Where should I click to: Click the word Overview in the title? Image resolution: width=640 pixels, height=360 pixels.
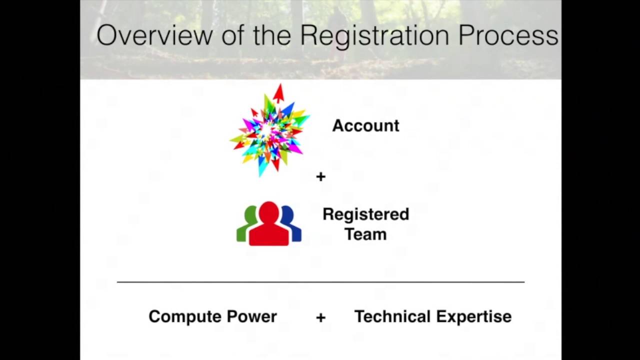point(154,35)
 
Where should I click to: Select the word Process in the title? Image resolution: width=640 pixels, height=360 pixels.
point(508,35)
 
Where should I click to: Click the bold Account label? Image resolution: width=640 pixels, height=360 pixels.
point(365,125)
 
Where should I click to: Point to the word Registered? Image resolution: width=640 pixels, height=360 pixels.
point(366,214)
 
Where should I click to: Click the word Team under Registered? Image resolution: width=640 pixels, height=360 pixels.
point(365,234)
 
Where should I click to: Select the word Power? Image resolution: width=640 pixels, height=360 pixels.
point(252,316)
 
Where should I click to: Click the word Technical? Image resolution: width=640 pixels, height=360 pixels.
point(392,316)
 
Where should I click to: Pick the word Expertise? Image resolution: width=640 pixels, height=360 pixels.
point(474,317)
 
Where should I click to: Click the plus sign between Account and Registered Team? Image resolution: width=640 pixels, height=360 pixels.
point(321,176)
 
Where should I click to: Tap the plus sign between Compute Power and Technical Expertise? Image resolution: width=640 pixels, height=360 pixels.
point(321,317)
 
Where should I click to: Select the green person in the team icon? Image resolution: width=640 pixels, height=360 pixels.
point(245,225)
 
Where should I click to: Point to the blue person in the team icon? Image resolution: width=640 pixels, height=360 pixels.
point(293,225)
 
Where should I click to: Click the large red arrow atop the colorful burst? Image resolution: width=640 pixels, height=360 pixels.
point(279,93)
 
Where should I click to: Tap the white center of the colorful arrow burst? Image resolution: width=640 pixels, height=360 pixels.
point(267,130)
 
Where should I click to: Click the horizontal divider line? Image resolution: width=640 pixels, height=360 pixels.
point(320,282)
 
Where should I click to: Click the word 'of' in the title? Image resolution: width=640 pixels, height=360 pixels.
point(232,35)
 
